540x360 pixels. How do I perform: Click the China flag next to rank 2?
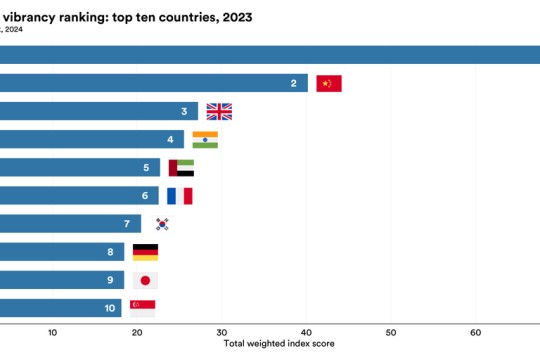click(328, 83)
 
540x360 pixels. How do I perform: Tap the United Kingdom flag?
click(218, 111)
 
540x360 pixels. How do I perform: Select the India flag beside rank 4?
click(205, 139)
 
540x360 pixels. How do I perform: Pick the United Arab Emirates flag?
click(181, 168)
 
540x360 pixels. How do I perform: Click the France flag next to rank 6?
click(179, 196)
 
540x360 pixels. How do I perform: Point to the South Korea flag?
click(161, 224)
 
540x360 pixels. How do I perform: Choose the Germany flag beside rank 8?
click(145, 252)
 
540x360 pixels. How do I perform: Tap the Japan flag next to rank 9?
click(145, 280)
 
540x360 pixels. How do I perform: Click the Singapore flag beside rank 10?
click(142, 308)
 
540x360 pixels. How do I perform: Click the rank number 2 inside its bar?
click(293, 83)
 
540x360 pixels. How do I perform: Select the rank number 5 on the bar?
click(146, 168)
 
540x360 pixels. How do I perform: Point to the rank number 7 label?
click(127, 224)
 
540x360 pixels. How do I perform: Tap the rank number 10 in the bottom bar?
click(109, 308)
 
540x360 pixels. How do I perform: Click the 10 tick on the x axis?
click(52, 332)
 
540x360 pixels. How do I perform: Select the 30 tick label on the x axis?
click(222, 332)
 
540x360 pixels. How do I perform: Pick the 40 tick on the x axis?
click(306, 332)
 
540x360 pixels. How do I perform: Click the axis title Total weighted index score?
click(278, 343)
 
